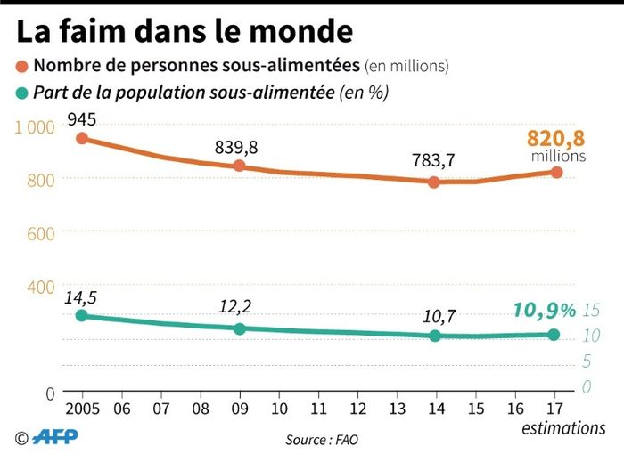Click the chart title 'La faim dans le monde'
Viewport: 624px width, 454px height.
(185, 31)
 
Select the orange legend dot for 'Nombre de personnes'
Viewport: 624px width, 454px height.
(21, 66)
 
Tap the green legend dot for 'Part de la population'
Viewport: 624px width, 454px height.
(21, 92)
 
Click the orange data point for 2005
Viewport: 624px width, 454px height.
(82, 138)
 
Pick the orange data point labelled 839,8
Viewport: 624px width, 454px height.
(239, 166)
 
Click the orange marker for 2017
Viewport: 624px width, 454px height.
(555, 172)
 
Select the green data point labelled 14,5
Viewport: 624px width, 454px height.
(82, 315)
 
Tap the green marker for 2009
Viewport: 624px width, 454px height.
(239, 328)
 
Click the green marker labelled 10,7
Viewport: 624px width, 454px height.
(435, 336)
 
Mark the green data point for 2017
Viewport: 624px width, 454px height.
(554, 335)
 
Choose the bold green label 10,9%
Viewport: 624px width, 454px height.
(545, 310)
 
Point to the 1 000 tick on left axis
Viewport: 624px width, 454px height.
(35, 127)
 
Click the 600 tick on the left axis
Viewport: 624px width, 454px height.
(40, 233)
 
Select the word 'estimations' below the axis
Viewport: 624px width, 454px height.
(563, 428)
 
